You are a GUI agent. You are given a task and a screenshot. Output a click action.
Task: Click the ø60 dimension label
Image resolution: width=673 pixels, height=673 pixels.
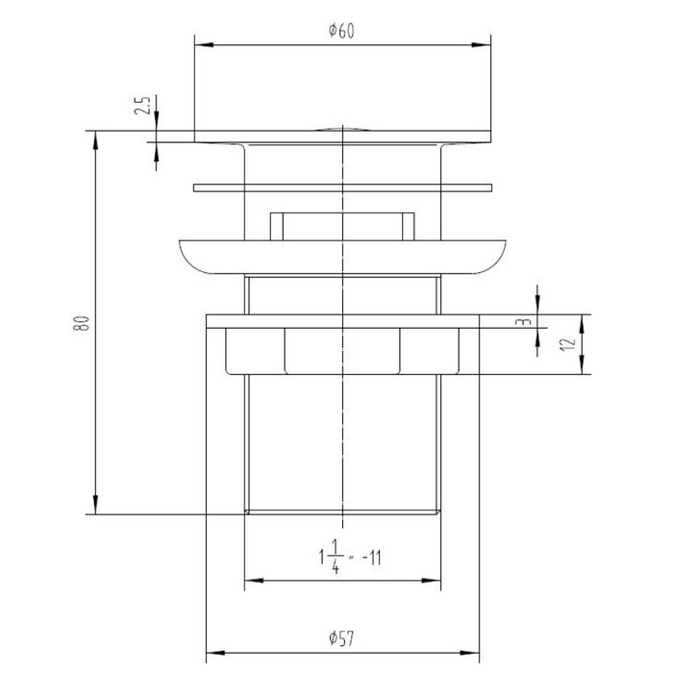click(341, 31)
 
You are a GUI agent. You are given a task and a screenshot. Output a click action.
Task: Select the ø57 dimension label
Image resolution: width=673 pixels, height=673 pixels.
click(341, 638)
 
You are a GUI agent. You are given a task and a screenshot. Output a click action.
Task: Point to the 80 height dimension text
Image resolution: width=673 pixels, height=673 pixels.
click(82, 323)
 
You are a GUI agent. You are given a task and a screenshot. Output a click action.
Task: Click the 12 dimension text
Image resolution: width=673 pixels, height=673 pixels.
click(567, 344)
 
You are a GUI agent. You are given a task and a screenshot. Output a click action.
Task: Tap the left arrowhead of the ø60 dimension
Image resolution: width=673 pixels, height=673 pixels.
click(204, 44)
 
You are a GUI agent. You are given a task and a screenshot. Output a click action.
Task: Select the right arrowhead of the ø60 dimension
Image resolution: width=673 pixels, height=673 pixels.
click(481, 44)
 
